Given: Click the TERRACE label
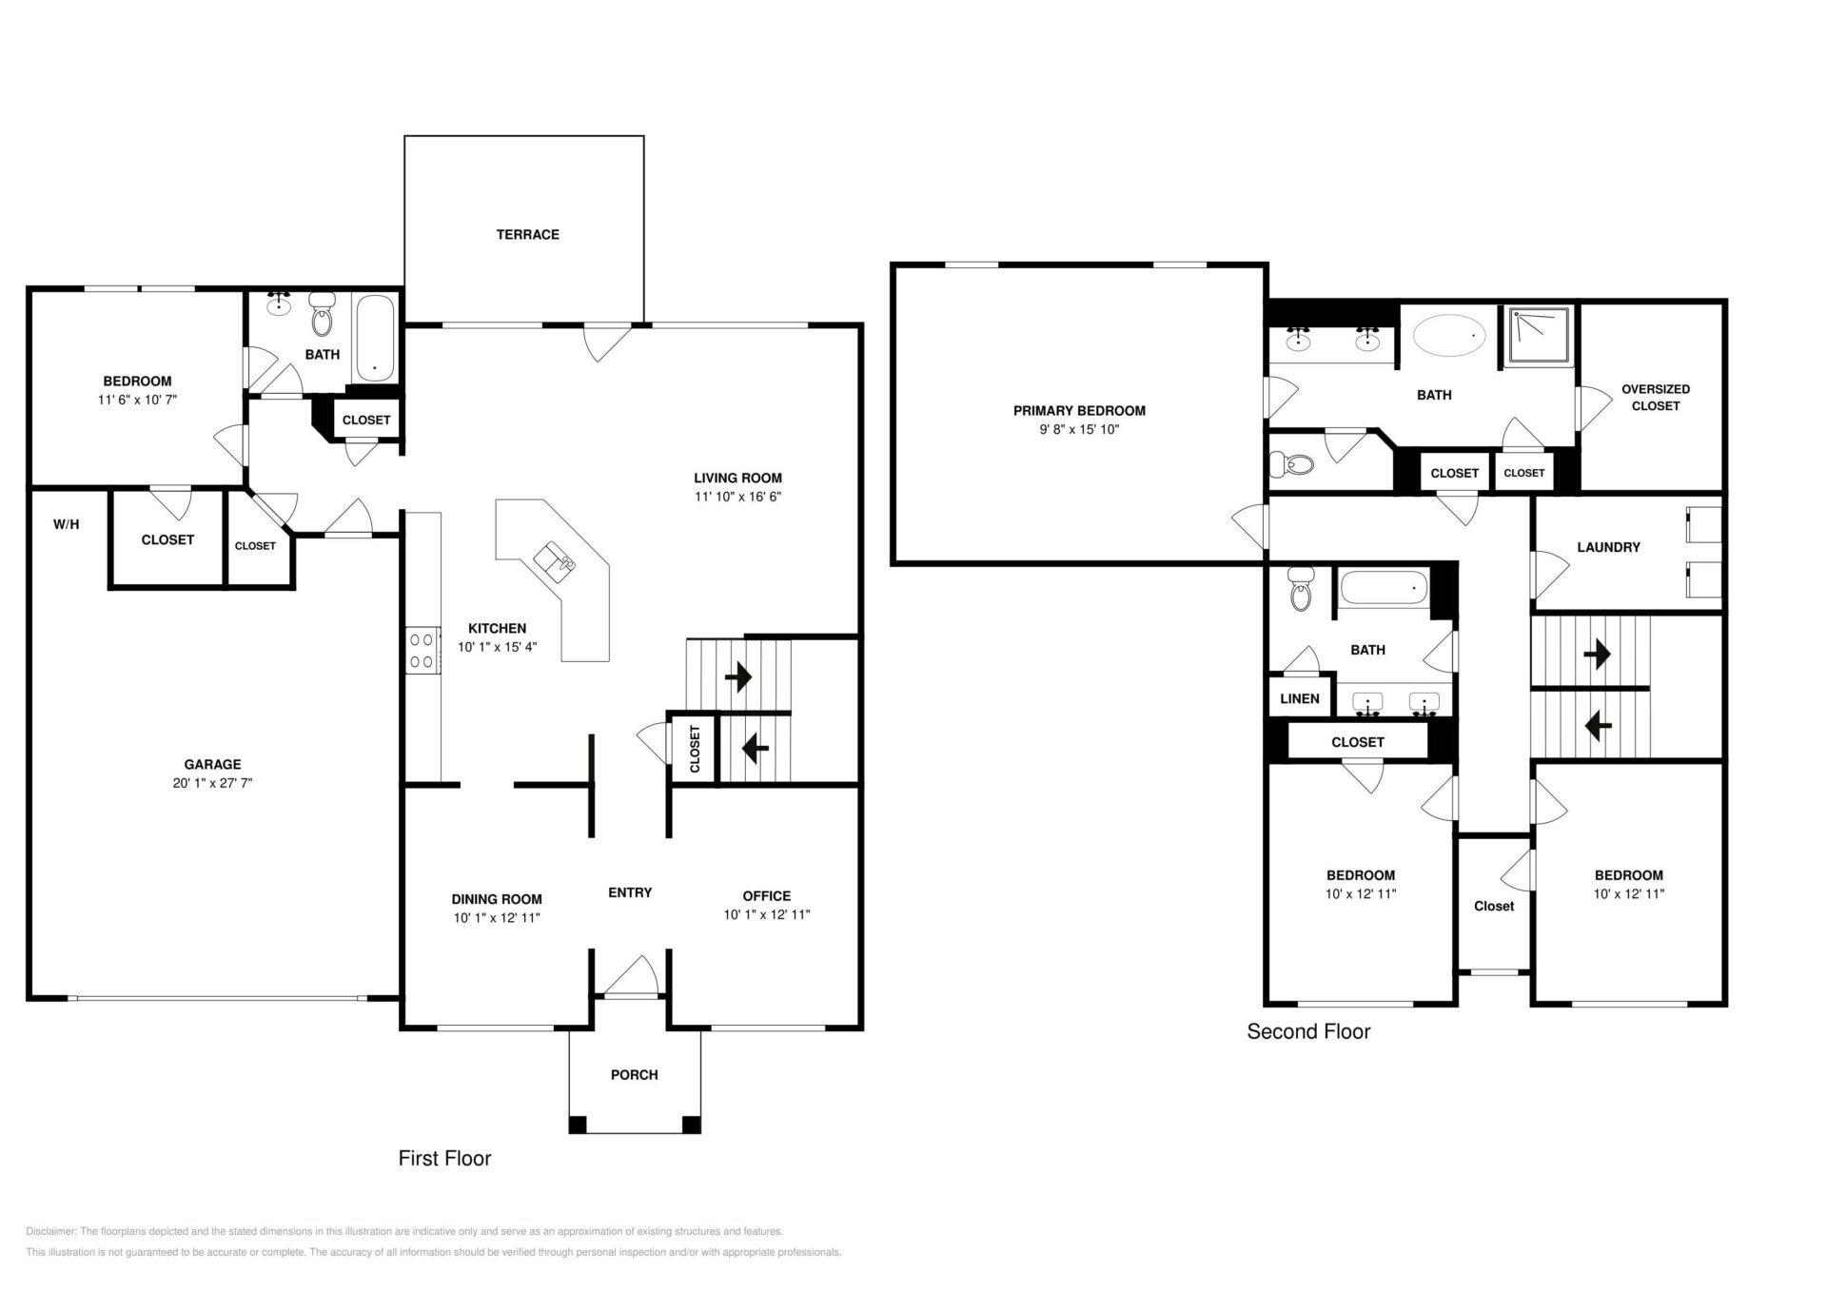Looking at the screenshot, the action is tap(527, 234).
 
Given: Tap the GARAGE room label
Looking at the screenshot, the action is tap(212, 764).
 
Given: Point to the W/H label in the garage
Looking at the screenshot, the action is tap(67, 524).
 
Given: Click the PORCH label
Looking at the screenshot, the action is tap(635, 1074).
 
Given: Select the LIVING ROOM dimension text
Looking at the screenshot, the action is tap(737, 497).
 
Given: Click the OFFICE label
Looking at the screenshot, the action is tap(767, 895).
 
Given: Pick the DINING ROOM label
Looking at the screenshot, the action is tap(497, 899).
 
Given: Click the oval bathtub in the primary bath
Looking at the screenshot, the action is tap(1449, 335).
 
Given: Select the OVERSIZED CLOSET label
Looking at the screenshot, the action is tap(1656, 397).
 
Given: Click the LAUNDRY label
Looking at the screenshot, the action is tap(1608, 547).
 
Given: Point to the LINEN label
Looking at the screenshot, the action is tap(1300, 698).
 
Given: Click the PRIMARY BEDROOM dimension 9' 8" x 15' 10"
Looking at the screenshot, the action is tap(1079, 429).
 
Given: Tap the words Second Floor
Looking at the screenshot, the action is tap(1308, 1031).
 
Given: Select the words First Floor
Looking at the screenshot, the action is tap(444, 1158).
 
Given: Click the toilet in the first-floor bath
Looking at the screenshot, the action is tap(324, 315).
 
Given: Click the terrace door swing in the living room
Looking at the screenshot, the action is tap(606, 343).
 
